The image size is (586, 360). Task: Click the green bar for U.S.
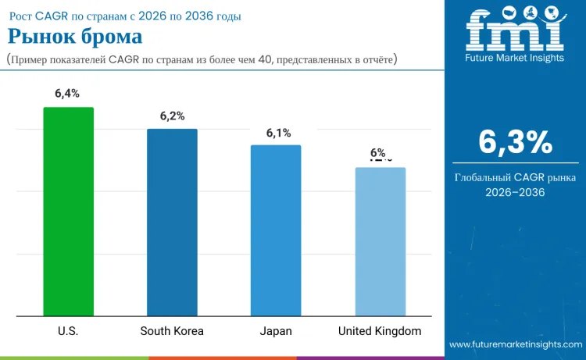tap(68, 212)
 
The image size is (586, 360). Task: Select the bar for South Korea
tap(172, 223)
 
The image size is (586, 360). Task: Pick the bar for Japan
tap(275, 230)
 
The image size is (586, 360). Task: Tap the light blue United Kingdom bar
tap(380, 241)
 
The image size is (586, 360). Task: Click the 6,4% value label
tap(67, 94)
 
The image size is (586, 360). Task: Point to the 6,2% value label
tap(172, 116)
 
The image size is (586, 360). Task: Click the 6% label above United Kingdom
tap(378, 154)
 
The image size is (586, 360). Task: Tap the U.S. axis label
tap(68, 331)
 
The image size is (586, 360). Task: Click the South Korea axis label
tap(172, 331)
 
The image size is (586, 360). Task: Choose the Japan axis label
tap(276, 331)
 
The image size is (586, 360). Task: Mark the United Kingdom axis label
tap(380, 331)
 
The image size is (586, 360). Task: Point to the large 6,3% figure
tap(515, 142)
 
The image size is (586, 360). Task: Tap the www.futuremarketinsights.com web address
tap(515, 344)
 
